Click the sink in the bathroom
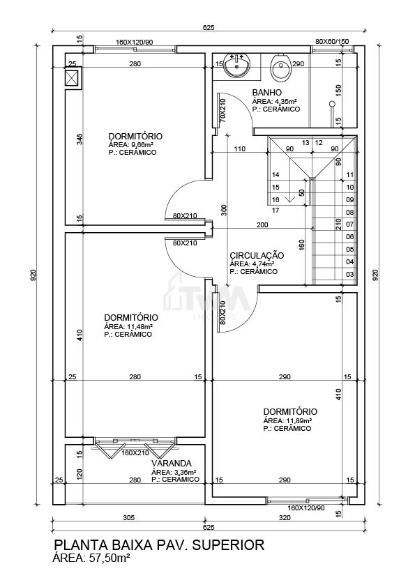coord(236,65)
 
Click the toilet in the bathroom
coord(280,68)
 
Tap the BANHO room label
coord(266,92)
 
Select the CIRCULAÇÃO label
coord(257,255)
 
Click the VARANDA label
coord(171,463)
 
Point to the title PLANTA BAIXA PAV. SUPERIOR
coord(159,544)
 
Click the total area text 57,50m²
coord(109,558)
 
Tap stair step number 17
coord(276,211)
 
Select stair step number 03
coord(350,275)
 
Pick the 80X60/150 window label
coord(332,41)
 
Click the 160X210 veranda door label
coord(135,453)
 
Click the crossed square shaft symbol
coord(72,78)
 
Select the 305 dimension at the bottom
coord(128,518)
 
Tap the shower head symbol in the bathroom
coord(331,104)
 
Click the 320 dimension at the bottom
coord(285,518)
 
